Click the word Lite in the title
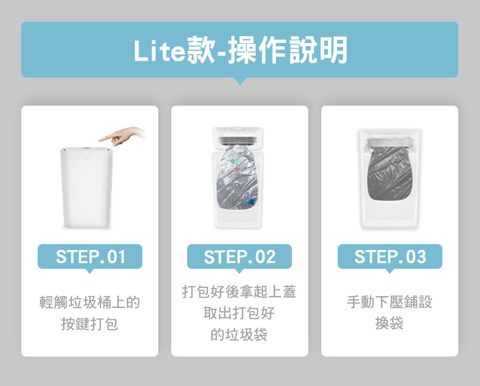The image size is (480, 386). coord(160,51)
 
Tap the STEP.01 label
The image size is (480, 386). coord(90,257)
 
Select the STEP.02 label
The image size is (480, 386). coord(239,257)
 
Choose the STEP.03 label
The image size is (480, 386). coord(390,257)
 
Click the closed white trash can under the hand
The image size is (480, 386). coord(86,188)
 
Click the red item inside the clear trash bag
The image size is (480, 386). coord(237,169)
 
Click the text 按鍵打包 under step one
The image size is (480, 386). coord(90,324)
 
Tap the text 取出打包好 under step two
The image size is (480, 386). coord(239,313)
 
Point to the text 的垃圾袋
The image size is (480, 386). coord(239,334)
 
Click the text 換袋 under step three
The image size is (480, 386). coord(389,323)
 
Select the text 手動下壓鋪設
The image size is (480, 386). coord(389,302)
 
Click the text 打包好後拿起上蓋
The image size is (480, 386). coord(239,291)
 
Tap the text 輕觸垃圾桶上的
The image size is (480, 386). coord(90,302)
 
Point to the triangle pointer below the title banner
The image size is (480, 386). coord(240,81)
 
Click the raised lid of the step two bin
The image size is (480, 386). coord(237,137)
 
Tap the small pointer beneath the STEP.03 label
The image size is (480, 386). coord(390,271)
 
